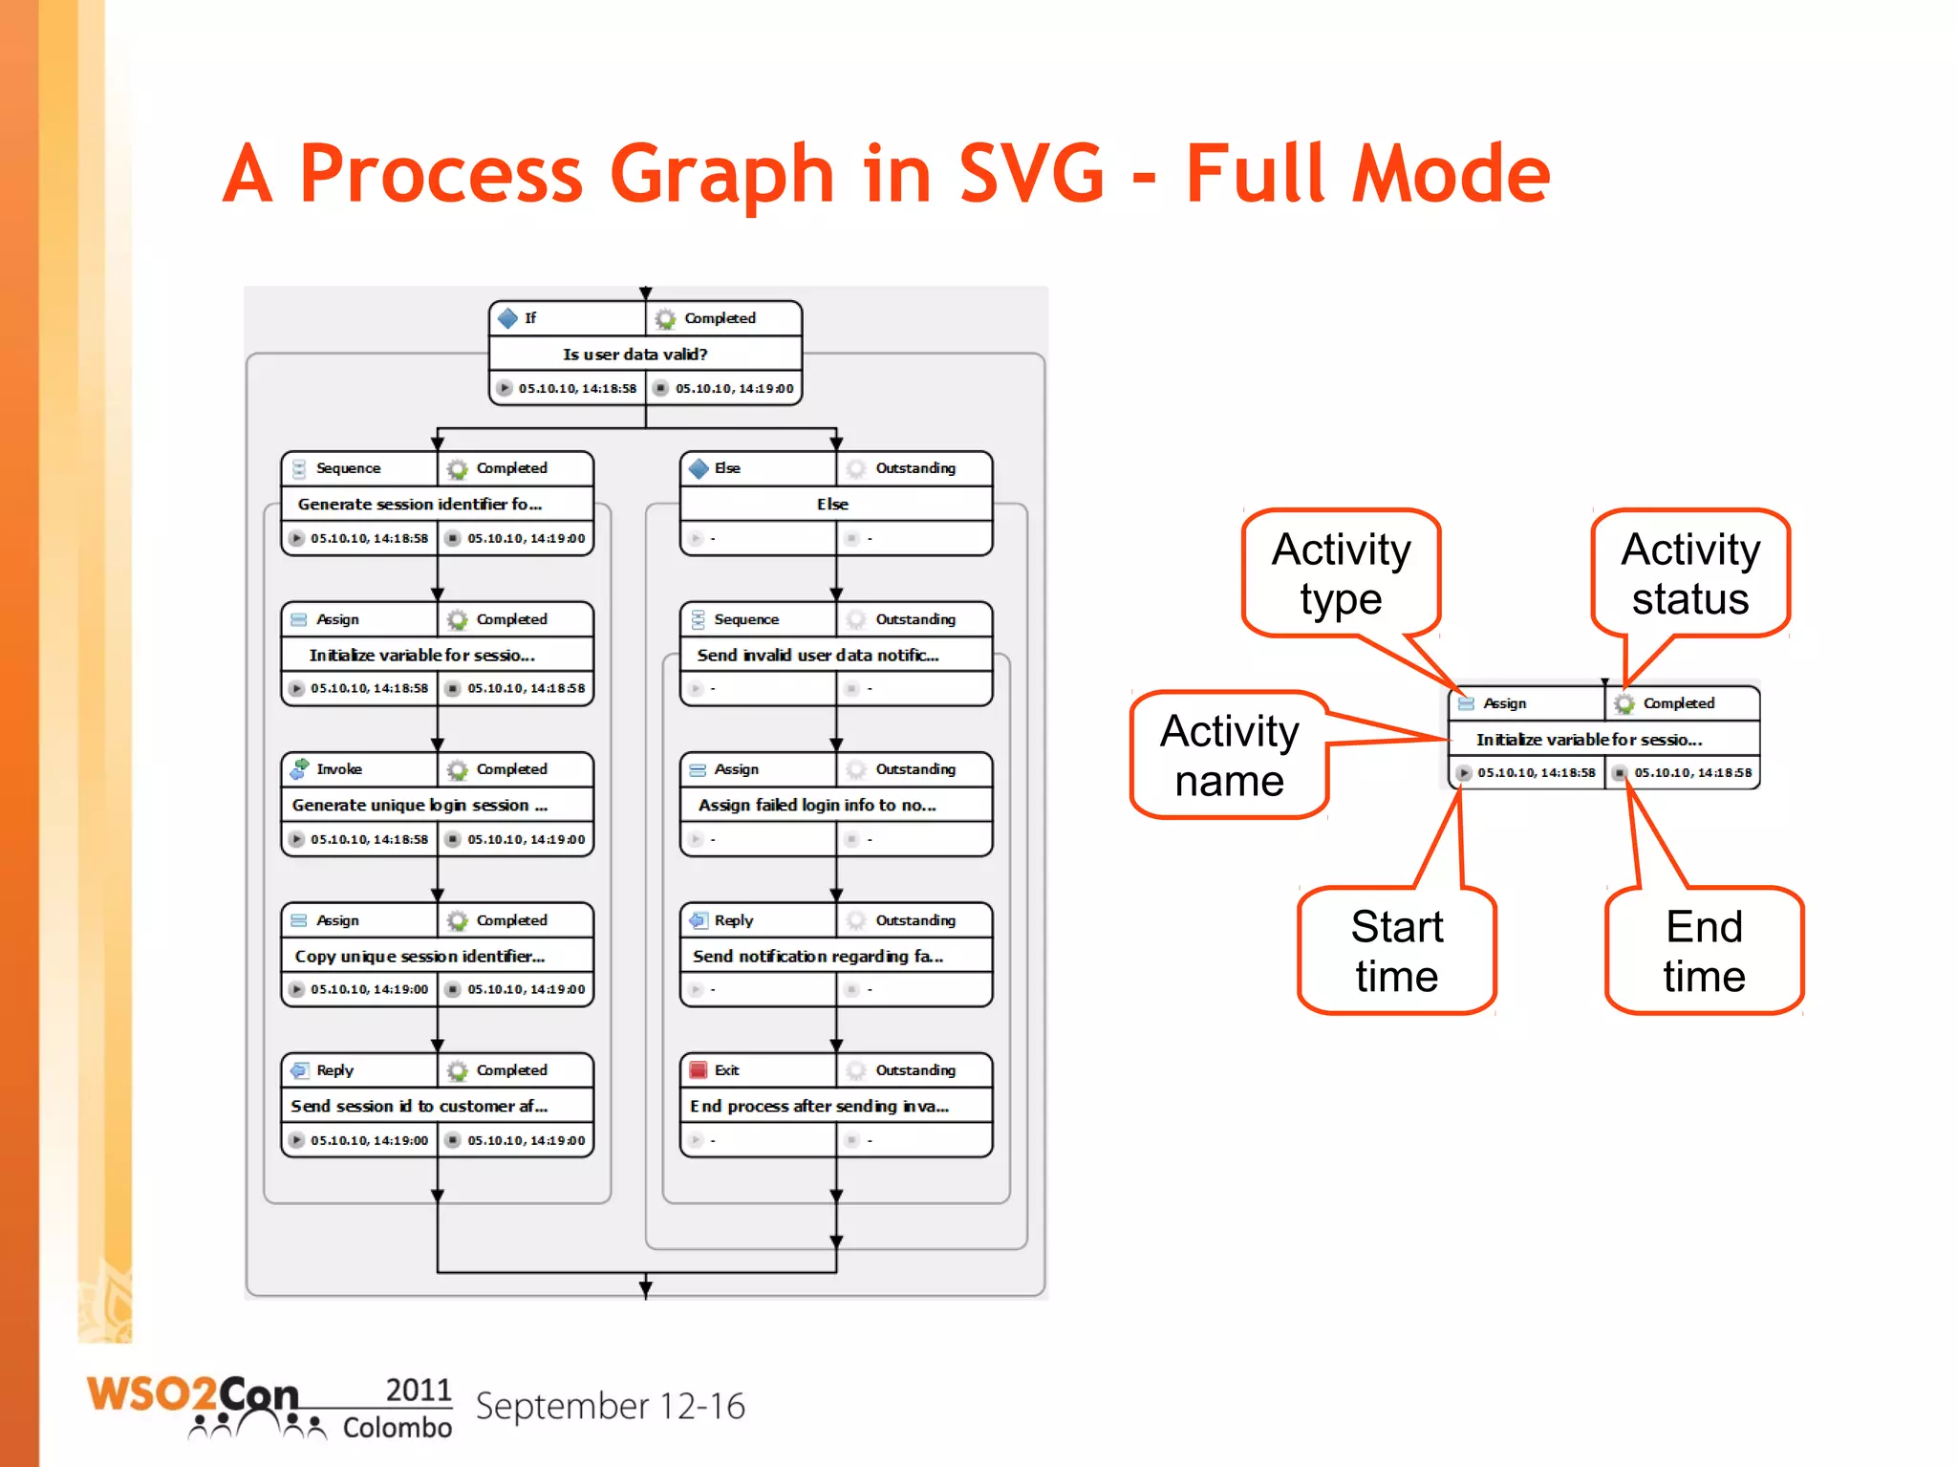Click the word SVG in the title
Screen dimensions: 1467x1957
click(1031, 174)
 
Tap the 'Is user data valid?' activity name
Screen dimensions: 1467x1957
click(634, 354)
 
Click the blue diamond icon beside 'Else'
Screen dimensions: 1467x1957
click(699, 468)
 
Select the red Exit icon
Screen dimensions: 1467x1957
click(699, 1070)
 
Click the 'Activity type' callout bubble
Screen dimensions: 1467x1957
click(1341, 573)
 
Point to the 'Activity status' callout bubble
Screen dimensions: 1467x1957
click(1689, 573)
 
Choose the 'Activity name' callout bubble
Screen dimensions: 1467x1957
click(1229, 755)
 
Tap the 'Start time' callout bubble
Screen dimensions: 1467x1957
click(1396, 950)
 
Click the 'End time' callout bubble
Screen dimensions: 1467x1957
click(1704, 950)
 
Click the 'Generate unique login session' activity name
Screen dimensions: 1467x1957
click(419, 805)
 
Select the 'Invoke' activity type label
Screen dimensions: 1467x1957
click(339, 769)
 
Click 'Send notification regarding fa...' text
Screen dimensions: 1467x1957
click(818, 956)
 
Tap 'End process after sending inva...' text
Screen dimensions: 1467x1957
click(819, 1106)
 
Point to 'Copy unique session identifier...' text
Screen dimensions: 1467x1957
click(419, 956)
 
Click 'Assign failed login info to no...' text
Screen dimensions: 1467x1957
click(817, 805)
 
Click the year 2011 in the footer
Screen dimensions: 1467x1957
click(418, 1390)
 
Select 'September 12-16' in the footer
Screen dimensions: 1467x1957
click(610, 1407)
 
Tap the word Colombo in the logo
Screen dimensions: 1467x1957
click(397, 1428)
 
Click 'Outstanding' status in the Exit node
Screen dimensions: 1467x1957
click(914, 1070)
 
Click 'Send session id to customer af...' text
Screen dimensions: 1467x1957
click(419, 1106)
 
